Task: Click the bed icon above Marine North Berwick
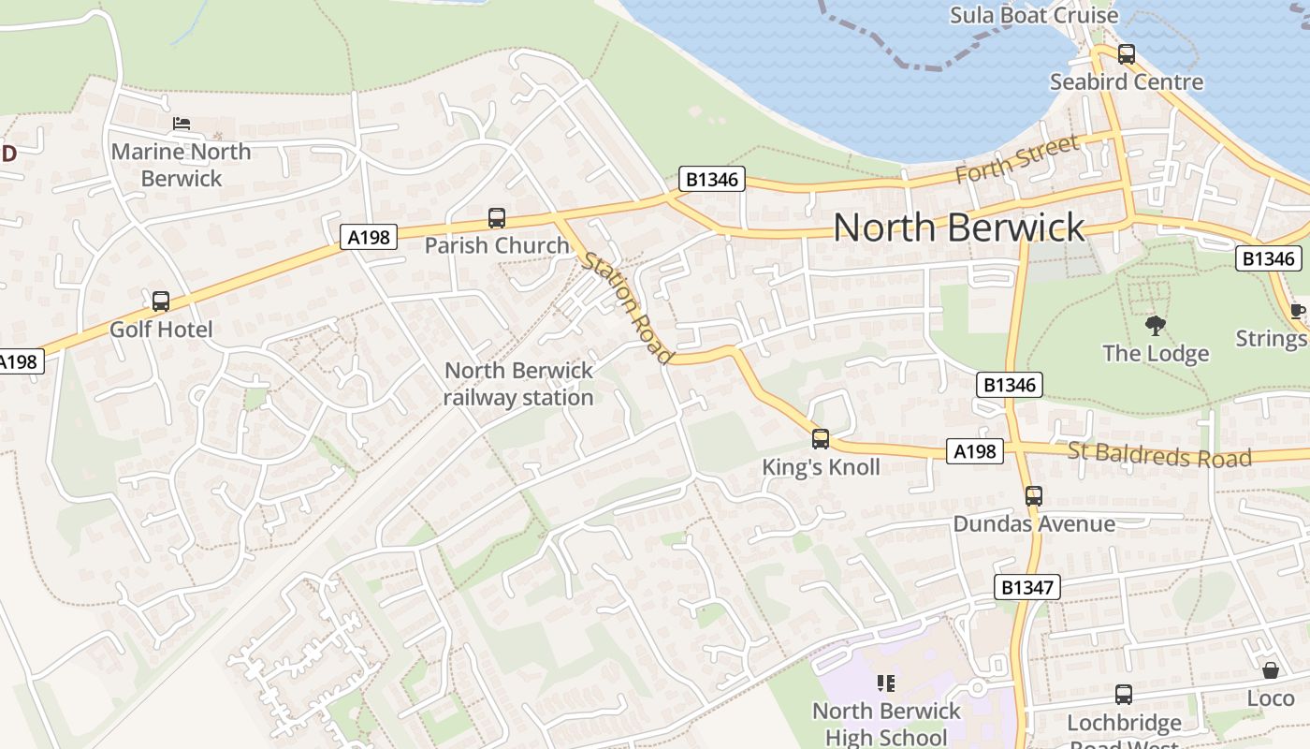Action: coord(182,124)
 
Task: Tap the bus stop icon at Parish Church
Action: coord(497,218)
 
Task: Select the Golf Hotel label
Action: coord(161,330)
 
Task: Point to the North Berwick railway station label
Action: coord(518,384)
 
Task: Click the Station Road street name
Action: coord(628,306)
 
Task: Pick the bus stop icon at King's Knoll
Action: coord(821,438)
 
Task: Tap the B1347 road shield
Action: coord(1027,588)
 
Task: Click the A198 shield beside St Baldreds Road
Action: coord(974,452)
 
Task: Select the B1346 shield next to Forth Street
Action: coord(712,180)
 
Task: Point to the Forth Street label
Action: coord(1017,160)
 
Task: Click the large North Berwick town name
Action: coord(959,228)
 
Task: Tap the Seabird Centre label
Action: coord(1127,81)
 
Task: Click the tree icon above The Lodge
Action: coord(1156,326)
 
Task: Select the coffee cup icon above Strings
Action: coord(1297,311)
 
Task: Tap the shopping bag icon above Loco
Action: coord(1270,670)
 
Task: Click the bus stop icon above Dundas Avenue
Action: coord(1034,495)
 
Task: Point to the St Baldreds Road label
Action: coord(1159,456)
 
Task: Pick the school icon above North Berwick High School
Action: coord(886,683)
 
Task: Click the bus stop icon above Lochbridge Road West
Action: coord(1124,695)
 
